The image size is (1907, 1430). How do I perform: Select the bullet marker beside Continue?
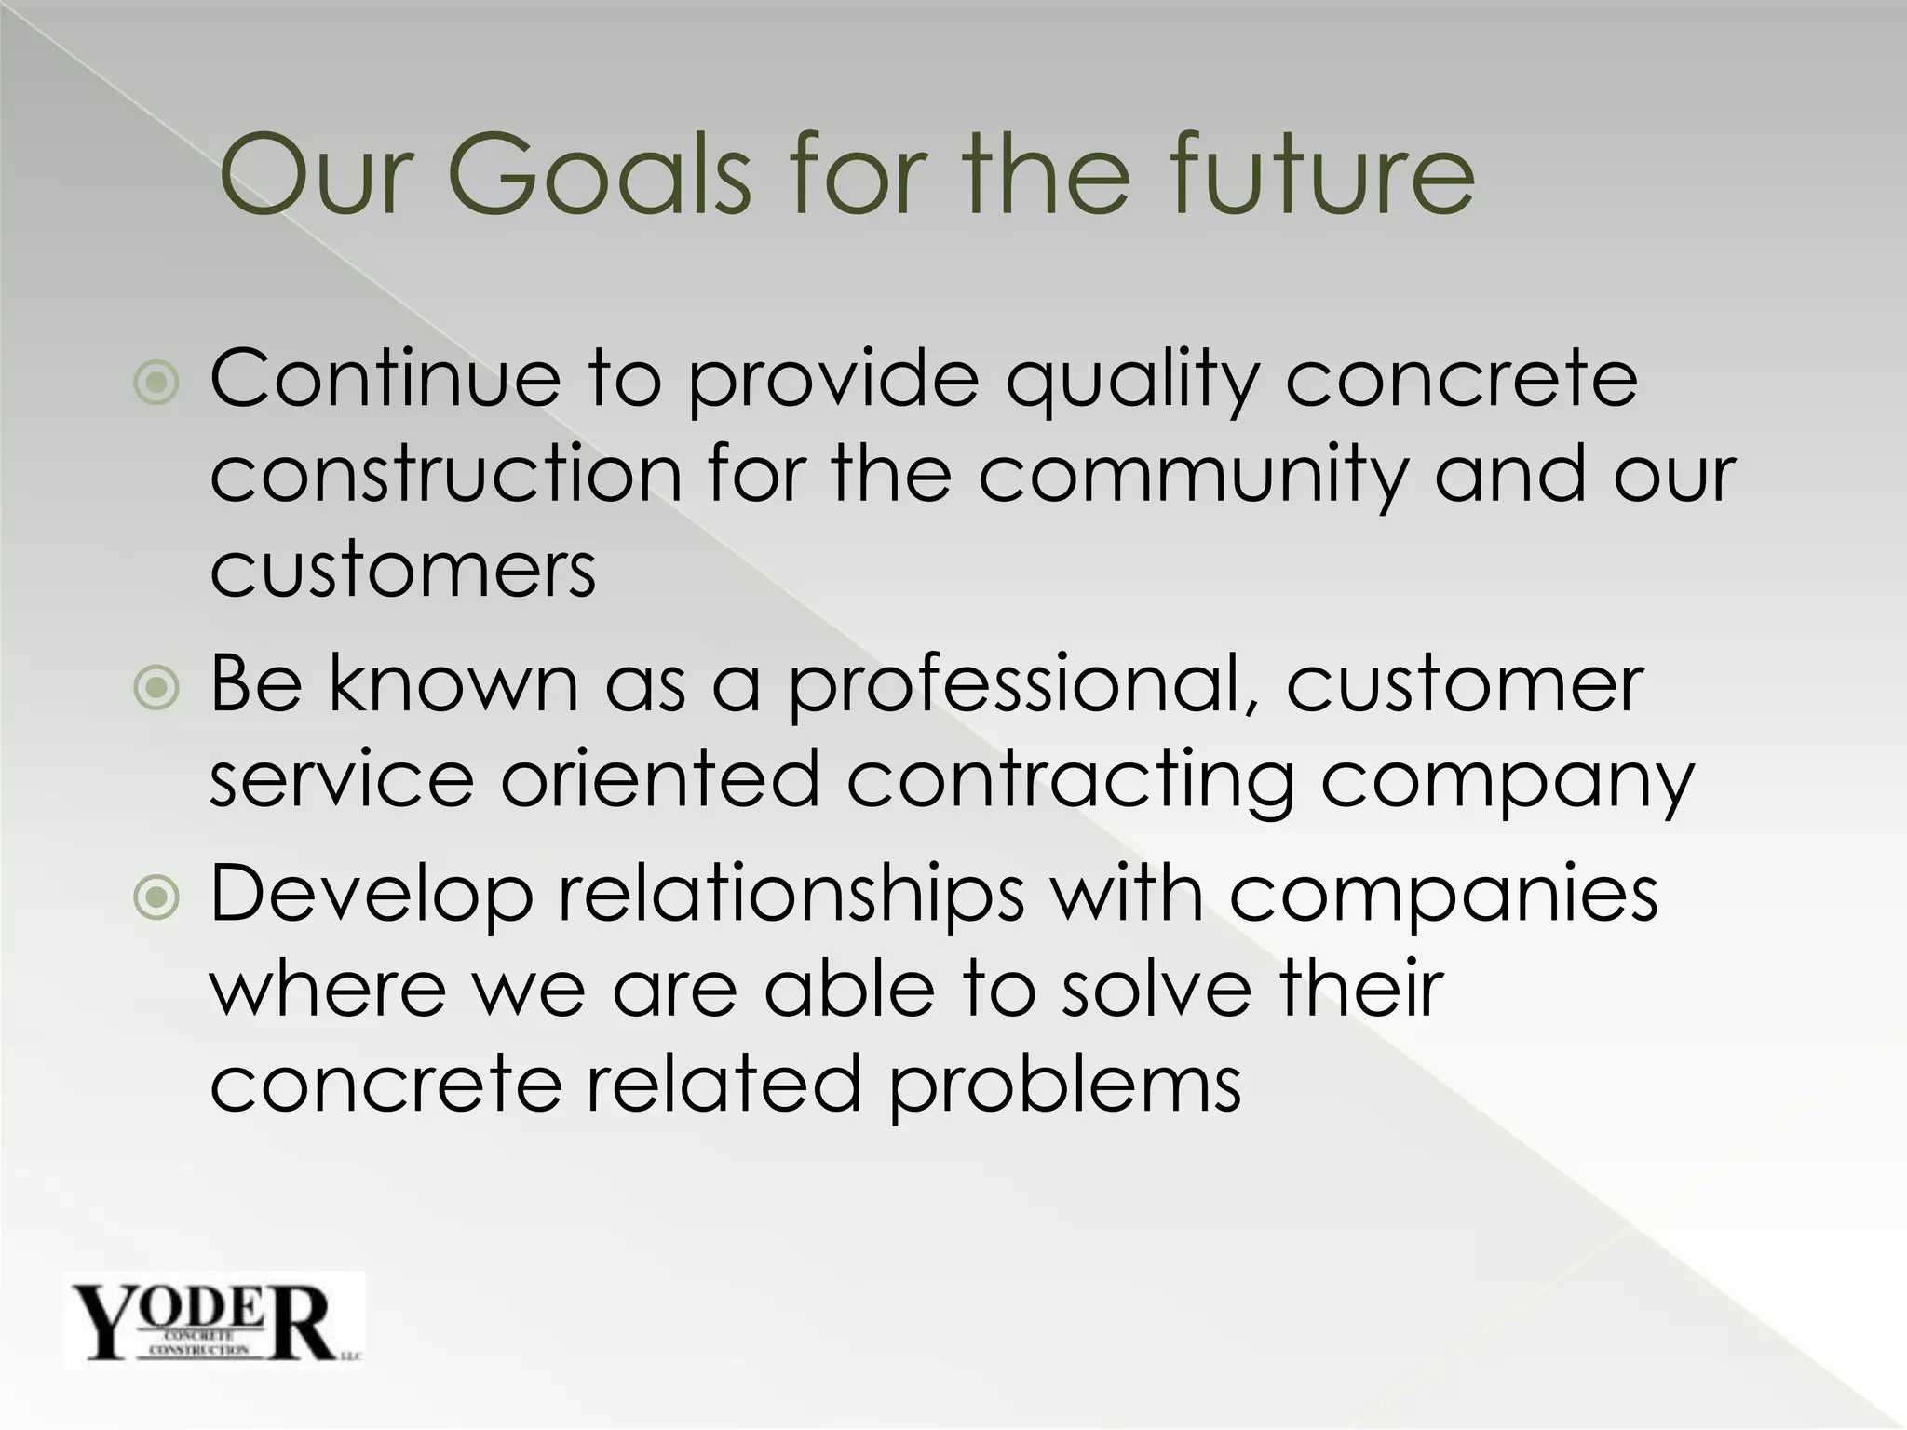(156, 383)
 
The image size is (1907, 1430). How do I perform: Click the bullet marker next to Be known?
(156, 689)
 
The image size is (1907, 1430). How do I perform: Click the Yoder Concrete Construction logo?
(214, 1321)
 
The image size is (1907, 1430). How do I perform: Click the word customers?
(402, 570)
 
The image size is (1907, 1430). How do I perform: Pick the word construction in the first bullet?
(446, 477)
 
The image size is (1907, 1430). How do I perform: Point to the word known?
(453, 687)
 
